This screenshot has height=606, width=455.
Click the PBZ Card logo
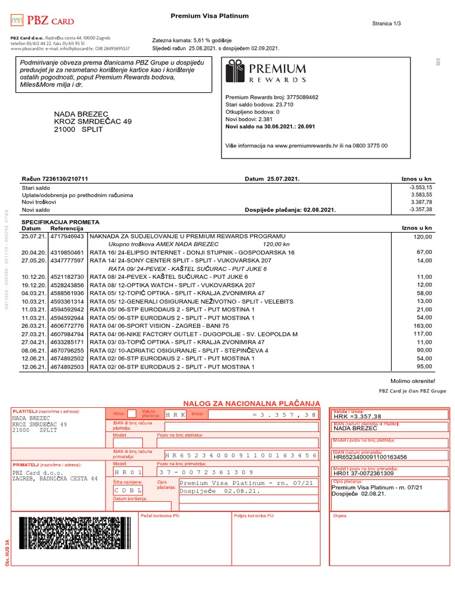[42, 21]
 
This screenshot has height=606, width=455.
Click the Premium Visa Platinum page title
[210, 16]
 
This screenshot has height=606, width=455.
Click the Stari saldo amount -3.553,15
[420, 187]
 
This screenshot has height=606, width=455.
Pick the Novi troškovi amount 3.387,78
[422, 202]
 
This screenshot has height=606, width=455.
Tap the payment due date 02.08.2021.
[318, 209]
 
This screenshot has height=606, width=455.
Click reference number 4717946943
[68, 236]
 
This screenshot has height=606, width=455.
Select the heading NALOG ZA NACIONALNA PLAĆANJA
[251, 403]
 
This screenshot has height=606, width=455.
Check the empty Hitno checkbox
[132, 413]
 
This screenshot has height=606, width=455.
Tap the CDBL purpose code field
[127, 491]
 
